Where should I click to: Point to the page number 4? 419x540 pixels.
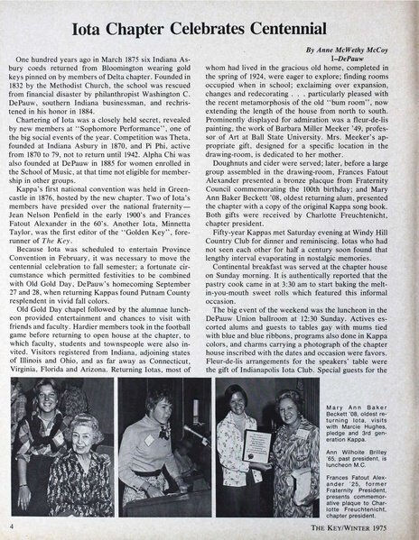[11, 526]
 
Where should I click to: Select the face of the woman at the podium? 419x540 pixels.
[153, 408]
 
